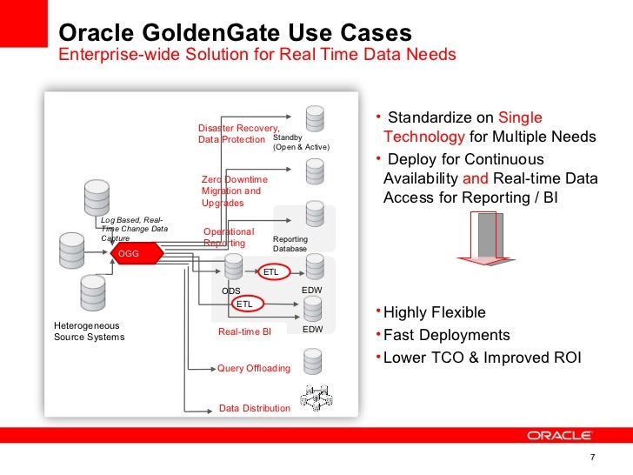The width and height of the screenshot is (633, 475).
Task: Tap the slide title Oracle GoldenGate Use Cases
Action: (x=234, y=34)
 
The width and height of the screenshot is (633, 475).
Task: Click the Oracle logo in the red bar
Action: (x=558, y=435)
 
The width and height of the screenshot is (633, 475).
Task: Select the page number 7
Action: (x=592, y=459)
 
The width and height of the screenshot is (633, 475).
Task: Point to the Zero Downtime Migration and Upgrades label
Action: (x=235, y=191)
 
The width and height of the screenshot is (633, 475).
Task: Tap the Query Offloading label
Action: (x=253, y=368)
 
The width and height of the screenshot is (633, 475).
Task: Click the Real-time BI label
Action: (x=244, y=331)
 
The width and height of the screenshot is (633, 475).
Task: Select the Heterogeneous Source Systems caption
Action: (x=89, y=331)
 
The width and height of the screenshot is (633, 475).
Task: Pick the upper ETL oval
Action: (x=271, y=271)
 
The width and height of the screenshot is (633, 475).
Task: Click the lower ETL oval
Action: (x=245, y=304)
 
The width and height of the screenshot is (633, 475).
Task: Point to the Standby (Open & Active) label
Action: (x=301, y=143)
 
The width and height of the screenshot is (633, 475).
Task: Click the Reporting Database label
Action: (x=296, y=244)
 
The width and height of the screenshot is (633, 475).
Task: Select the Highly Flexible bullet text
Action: (x=434, y=313)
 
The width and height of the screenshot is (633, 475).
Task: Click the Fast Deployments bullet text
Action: (x=446, y=335)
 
